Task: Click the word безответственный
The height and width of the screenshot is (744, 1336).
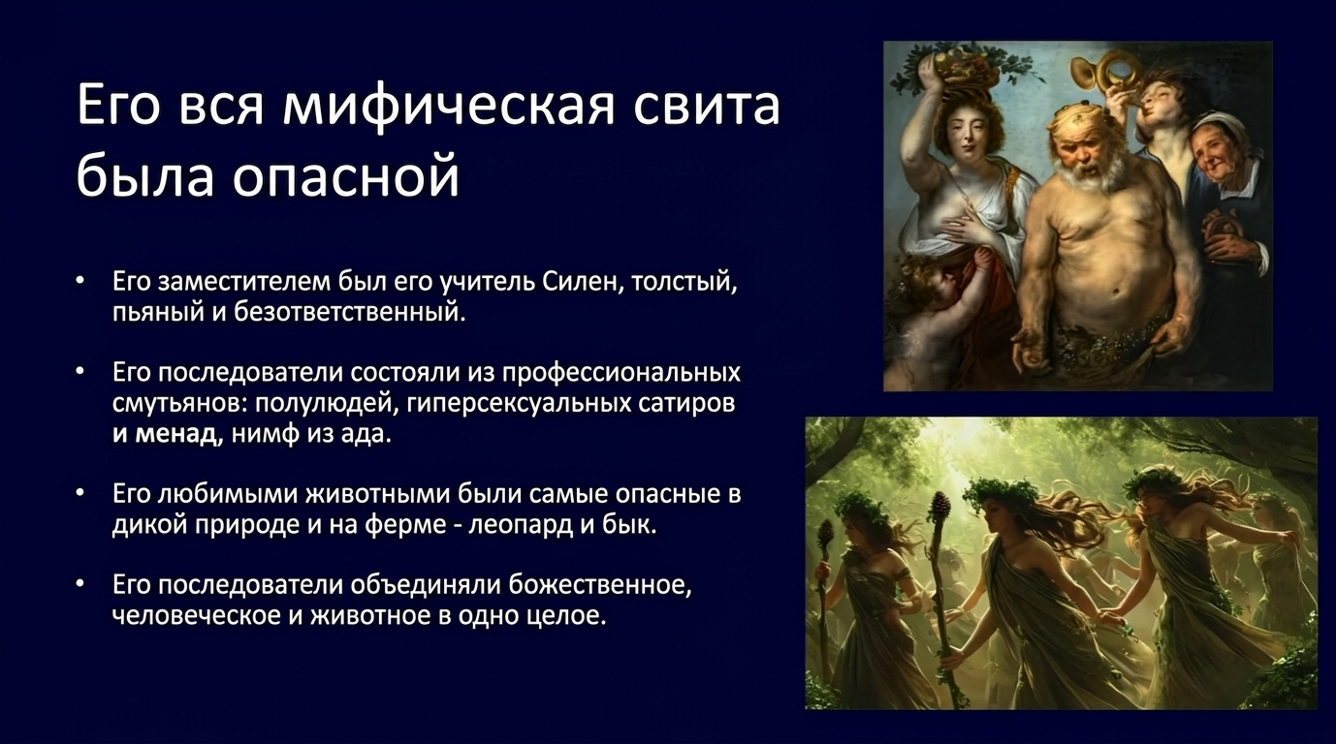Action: coord(349,312)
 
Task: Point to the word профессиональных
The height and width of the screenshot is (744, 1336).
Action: coord(620,374)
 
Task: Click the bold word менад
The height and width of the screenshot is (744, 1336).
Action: coord(175,433)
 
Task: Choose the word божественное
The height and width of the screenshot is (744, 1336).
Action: coord(600,585)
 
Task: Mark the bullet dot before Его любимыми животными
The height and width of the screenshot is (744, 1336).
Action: coord(80,494)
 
